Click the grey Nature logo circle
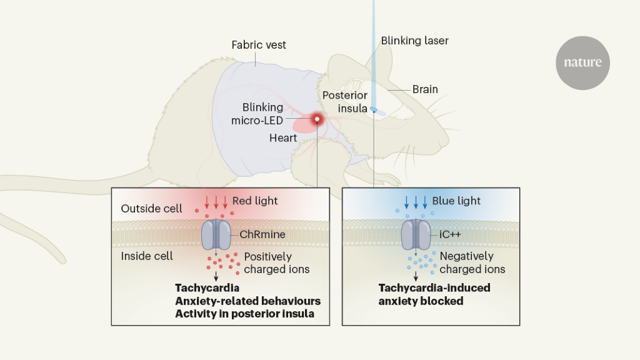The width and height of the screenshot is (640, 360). click(582, 62)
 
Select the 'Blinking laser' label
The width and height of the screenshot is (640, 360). click(415, 41)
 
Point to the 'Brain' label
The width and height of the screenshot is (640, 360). click(425, 89)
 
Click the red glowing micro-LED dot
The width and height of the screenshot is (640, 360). click(317, 119)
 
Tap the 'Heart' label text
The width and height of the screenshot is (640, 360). click(283, 137)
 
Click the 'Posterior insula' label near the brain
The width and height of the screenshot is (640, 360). click(345, 101)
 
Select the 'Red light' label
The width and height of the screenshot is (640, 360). click(255, 201)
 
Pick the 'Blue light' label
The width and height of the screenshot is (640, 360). click(456, 201)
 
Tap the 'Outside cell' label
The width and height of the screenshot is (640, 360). click(152, 208)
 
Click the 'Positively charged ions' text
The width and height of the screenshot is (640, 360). click(276, 262)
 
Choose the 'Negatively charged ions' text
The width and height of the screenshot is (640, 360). click(472, 262)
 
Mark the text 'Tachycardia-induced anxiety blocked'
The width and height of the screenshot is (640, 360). click(434, 294)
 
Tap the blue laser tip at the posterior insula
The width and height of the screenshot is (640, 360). click(374, 109)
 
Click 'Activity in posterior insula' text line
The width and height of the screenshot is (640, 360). click(244, 314)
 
